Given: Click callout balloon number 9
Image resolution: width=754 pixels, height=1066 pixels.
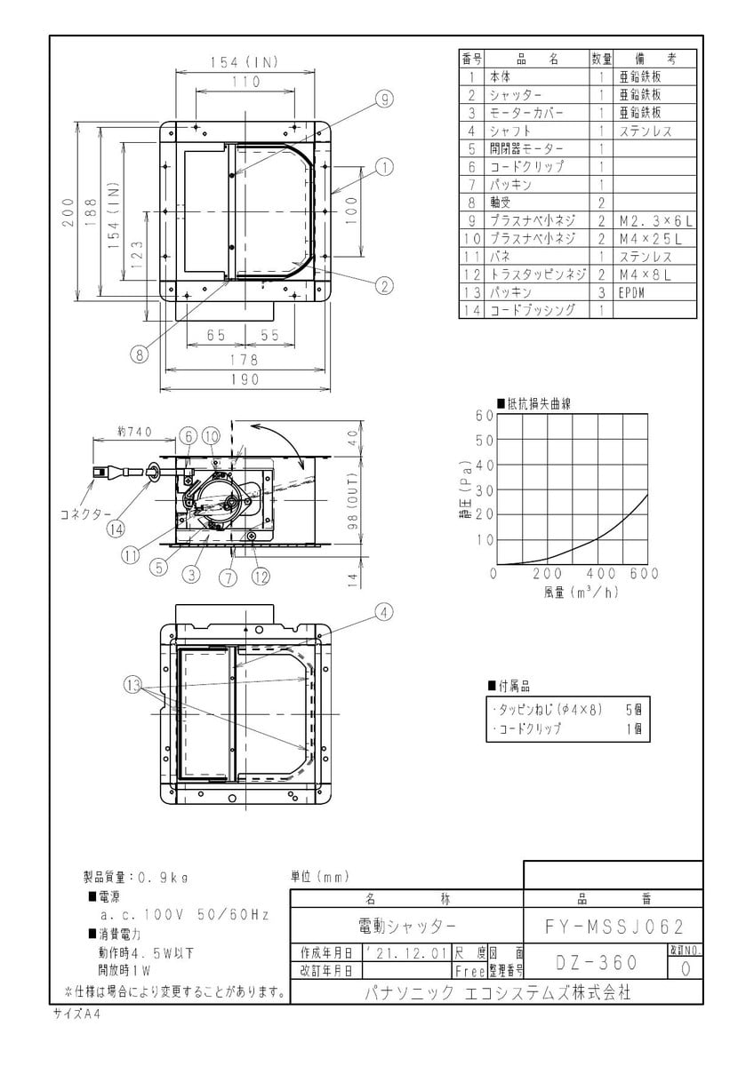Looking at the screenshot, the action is coord(384,99).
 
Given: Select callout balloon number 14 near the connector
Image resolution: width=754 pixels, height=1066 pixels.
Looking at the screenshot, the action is coord(116,529).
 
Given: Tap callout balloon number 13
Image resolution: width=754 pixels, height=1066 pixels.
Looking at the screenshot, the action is coord(132,685).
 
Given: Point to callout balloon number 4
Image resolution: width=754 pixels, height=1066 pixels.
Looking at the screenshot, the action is coord(384,611).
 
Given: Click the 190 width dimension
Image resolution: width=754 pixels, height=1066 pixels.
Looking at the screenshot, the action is coord(245,379).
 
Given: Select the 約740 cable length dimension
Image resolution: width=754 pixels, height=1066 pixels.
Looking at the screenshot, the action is coord(135,431).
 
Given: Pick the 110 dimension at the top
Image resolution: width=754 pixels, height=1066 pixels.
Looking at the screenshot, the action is coord(245,82).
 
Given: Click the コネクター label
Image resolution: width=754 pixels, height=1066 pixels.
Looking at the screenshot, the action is coord(85,514).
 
